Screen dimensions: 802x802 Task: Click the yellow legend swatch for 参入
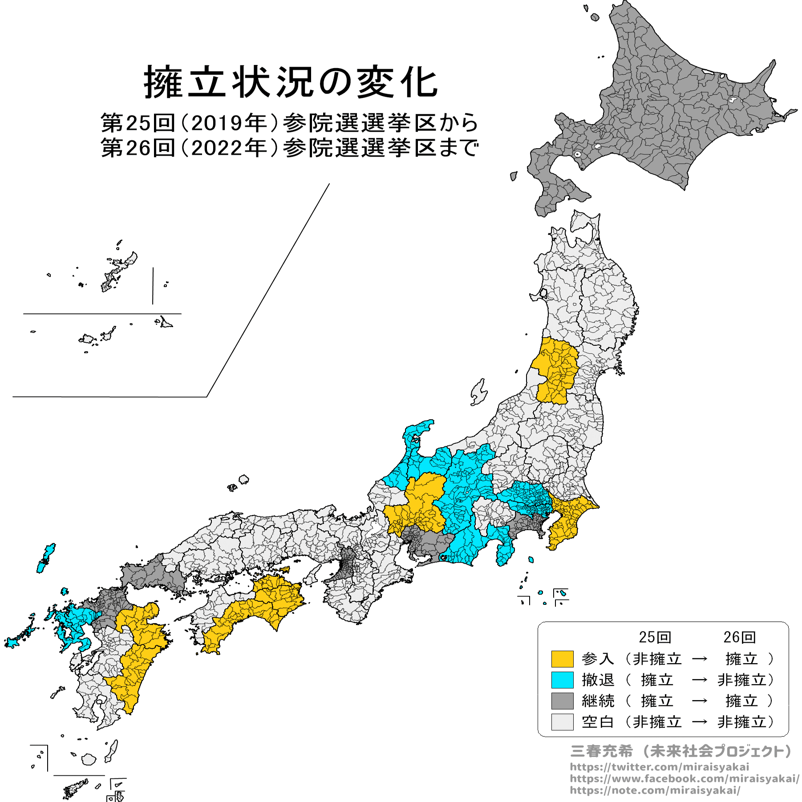562,659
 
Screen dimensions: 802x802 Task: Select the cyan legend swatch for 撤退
562,680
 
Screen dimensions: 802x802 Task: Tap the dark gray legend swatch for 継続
562,701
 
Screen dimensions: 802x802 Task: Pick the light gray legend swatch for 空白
562,722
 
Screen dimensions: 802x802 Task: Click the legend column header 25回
655,637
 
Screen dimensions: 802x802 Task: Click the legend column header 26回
739,637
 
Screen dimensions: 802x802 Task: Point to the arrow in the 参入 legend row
700,659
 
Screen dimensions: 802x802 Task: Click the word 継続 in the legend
598,701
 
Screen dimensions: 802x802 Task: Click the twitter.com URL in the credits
659,767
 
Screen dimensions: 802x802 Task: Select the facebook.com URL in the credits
684,778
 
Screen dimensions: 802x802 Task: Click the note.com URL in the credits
655,790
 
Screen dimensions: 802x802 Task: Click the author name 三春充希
601,751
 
